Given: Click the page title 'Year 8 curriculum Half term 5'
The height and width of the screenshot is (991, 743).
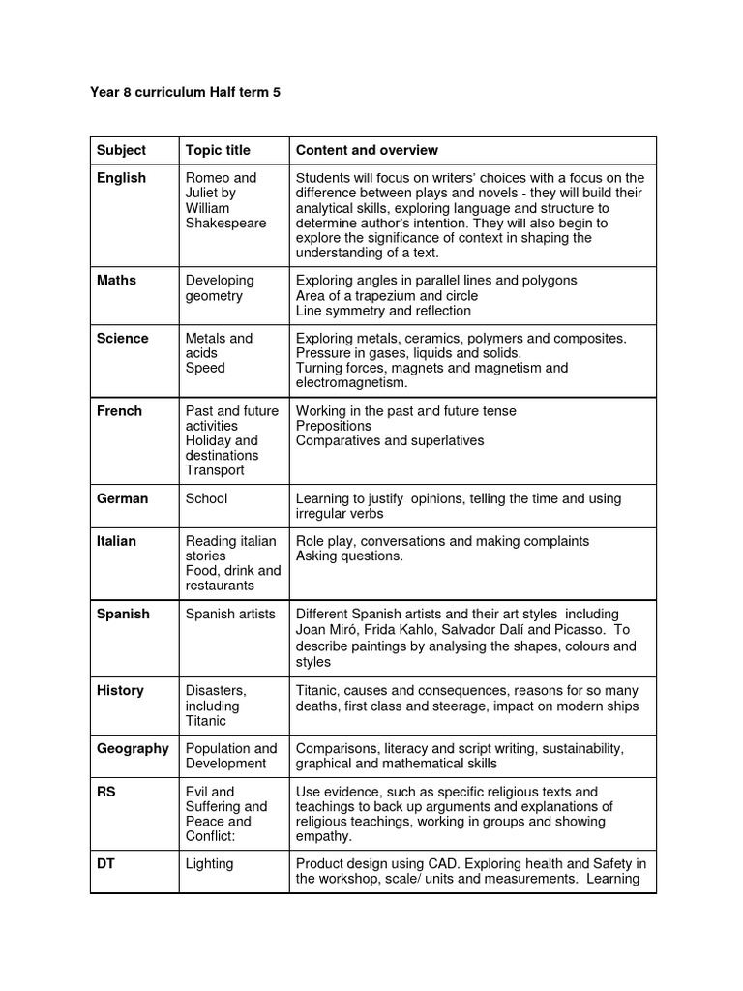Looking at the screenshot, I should click(x=185, y=93).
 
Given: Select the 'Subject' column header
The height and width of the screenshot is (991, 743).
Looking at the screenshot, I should click(x=121, y=150).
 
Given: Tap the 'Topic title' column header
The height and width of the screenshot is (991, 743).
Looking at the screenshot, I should click(x=218, y=150).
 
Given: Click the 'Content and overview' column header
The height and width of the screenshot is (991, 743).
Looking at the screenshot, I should click(x=367, y=150).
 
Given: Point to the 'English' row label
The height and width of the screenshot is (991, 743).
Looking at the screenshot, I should click(x=121, y=178).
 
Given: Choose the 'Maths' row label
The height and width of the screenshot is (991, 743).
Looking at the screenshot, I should click(x=116, y=281).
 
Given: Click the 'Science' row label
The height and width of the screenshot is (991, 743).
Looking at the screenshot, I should click(x=122, y=339).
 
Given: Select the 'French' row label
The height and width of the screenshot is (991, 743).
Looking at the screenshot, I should click(x=119, y=411).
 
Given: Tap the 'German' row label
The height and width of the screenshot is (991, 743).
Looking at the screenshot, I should click(x=122, y=498).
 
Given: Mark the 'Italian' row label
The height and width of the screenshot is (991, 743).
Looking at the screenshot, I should click(x=116, y=541).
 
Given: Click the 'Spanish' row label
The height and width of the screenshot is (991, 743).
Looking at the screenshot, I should click(x=123, y=614).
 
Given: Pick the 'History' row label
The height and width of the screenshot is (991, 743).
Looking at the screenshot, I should click(x=120, y=691).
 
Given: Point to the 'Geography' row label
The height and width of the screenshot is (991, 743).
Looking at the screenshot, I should click(x=133, y=748).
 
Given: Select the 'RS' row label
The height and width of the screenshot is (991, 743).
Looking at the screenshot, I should click(x=106, y=792).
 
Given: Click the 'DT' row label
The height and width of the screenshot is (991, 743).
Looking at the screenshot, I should click(x=105, y=863).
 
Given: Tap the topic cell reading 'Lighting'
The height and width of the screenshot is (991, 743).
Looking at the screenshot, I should click(x=209, y=863).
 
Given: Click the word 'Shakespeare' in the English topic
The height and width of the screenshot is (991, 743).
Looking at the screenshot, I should click(x=225, y=223).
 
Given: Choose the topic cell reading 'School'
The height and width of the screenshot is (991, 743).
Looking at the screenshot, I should click(x=206, y=498).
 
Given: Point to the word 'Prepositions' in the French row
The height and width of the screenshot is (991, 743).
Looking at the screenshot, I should click(x=334, y=426).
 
